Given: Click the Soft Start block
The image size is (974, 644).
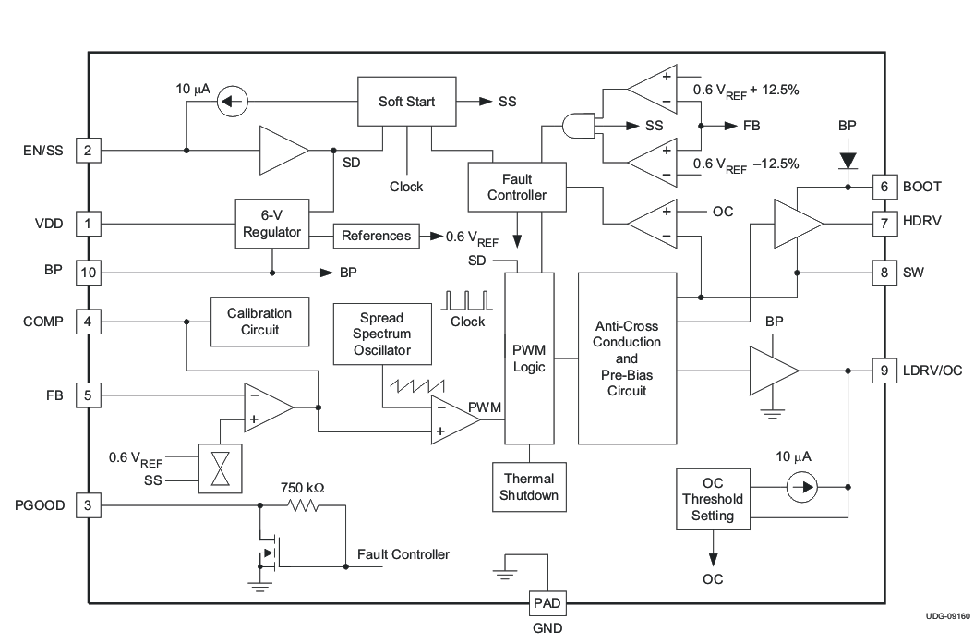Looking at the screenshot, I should tap(407, 102).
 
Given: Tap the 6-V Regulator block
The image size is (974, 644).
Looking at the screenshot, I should tap(271, 223).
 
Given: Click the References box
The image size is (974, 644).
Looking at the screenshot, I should tap(376, 236).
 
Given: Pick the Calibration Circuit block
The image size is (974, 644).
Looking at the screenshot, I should tap(259, 322).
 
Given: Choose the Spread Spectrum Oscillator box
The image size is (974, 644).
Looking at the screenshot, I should tap(381, 333).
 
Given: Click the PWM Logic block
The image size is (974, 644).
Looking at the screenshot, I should tap(529, 358).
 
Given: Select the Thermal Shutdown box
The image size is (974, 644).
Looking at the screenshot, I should tap(529, 487).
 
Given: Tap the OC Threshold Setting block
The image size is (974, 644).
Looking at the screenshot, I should tap(713, 499).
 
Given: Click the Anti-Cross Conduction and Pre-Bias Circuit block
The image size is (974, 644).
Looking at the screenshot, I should tap(627, 358).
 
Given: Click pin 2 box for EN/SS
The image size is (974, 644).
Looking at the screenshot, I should tap(88, 151).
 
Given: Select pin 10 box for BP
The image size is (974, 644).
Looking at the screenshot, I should tap(88, 273).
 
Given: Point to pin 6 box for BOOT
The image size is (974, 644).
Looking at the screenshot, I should tap(884, 186).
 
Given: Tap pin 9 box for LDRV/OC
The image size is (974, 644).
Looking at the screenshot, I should tap(884, 371).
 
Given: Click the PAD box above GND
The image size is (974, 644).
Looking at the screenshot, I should tap(545, 603).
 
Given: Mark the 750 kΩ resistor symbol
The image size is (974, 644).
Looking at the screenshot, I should tap(303, 505).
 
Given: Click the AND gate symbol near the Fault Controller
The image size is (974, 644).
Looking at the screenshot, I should tap(578, 126).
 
